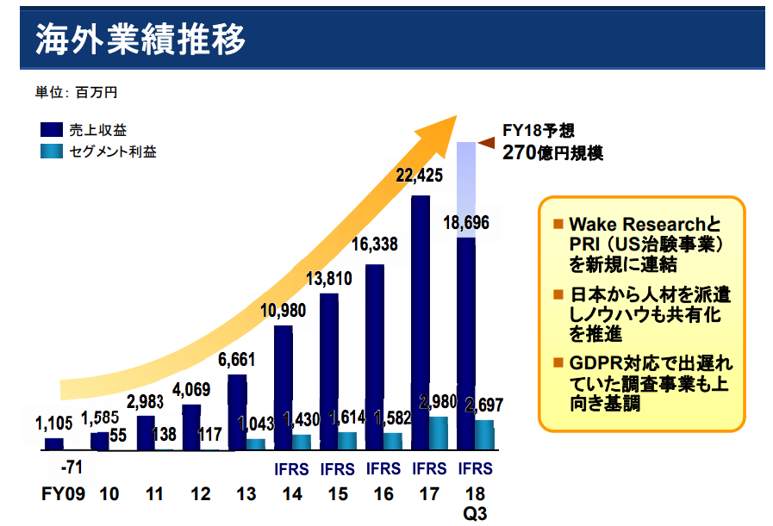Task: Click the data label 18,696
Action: pyautogui.click(x=465, y=223)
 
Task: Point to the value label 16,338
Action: pyautogui.click(x=375, y=244)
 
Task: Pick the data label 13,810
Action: pyautogui.click(x=330, y=277)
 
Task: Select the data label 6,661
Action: pyautogui.click(x=238, y=358)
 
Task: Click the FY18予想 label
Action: pyautogui.click(x=539, y=131)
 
